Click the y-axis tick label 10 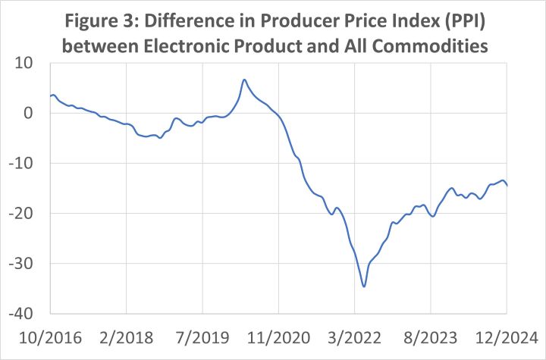[x=31, y=63]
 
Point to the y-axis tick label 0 [x=35, y=113]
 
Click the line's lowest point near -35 [x=364, y=286]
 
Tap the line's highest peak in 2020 [x=244, y=79]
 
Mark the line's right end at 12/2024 [x=507, y=185]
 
